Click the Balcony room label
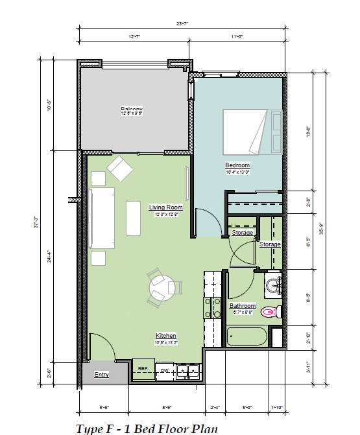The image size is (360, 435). [x=131, y=108]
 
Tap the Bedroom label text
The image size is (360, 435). [x=237, y=165]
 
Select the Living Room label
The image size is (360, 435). [x=165, y=207]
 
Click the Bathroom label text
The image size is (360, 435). [x=243, y=305]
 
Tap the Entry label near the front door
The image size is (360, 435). [x=101, y=375]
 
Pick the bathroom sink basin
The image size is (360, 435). [x=274, y=285]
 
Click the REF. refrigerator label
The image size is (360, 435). [x=143, y=368]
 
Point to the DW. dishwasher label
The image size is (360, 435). [x=165, y=370]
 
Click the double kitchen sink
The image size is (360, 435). [x=187, y=371]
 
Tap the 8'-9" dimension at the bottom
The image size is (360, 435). [x=166, y=407]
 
